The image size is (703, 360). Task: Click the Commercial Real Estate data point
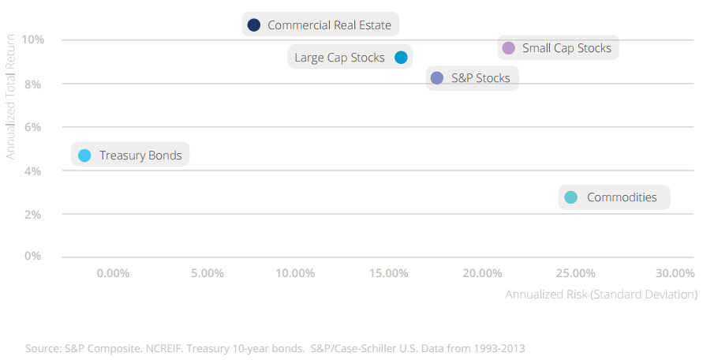(253, 25)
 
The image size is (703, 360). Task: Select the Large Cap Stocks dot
(401, 57)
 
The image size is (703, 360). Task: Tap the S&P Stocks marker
(437, 77)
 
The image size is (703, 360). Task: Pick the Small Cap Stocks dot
(508, 48)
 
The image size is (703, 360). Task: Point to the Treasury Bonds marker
(85, 156)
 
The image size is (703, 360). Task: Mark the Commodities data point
(571, 197)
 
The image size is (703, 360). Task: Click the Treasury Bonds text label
(140, 156)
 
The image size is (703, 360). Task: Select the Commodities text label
(622, 197)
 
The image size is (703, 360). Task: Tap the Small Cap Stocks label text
(567, 48)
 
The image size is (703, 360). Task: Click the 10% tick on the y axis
(33, 39)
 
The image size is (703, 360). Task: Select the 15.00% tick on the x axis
(389, 273)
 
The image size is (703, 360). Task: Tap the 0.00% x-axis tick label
(114, 273)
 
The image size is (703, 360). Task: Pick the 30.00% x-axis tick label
(675, 273)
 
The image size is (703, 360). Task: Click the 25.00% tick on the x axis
(575, 273)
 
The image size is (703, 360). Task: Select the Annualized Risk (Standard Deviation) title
(601, 294)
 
